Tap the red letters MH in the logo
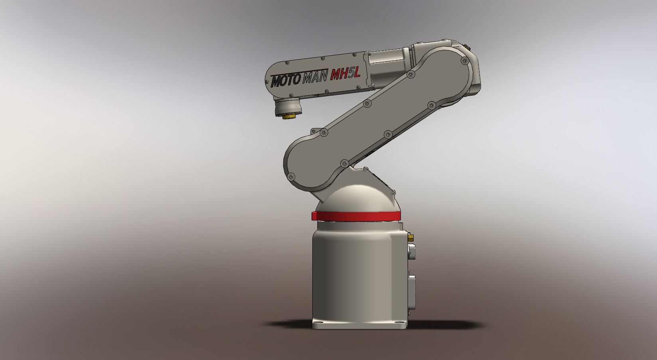tap(337, 75)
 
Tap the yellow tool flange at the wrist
tap(289, 116)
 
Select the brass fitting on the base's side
tap(411, 238)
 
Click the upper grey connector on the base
tap(411, 252)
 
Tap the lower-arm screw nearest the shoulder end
tap(292, 176)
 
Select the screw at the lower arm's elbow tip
tap(464, 61)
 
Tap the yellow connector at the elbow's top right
tap(467, 47)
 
